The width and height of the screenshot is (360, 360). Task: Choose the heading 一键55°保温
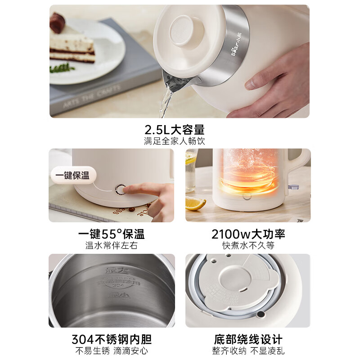111,234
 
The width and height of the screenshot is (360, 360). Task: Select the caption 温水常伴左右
111,246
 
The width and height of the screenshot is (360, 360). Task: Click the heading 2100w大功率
248,234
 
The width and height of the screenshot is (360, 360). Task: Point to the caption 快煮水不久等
248,246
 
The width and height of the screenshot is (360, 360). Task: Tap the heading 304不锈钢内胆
111,339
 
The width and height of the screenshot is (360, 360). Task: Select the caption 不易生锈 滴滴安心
111,351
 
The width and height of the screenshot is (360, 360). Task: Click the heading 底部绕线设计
248,339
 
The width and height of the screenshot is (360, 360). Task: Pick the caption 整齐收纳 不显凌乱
248,351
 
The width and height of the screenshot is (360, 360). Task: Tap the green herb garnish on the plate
62,68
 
